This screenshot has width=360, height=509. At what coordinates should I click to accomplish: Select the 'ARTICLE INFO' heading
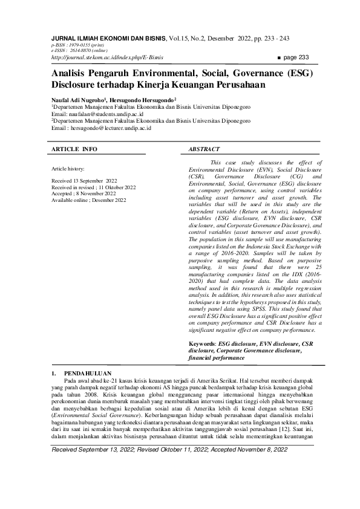point(74,148)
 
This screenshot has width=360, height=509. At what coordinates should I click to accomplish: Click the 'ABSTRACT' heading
point(205,148)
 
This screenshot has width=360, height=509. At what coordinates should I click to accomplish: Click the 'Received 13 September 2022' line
point(85,181)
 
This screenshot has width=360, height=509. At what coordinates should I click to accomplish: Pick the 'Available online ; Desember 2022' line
point(89,200)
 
